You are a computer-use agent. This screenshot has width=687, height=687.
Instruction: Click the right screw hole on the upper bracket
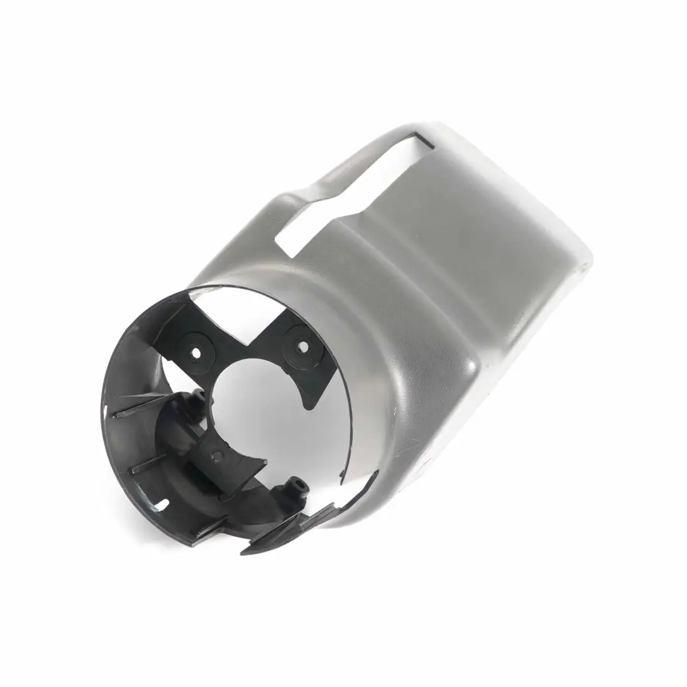click(302, 347)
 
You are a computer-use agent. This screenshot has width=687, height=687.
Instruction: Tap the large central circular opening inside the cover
click(254, 407)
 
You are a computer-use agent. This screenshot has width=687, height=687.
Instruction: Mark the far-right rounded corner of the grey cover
click(585, 261)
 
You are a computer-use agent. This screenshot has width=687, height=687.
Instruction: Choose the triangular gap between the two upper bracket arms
click(248, 318)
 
